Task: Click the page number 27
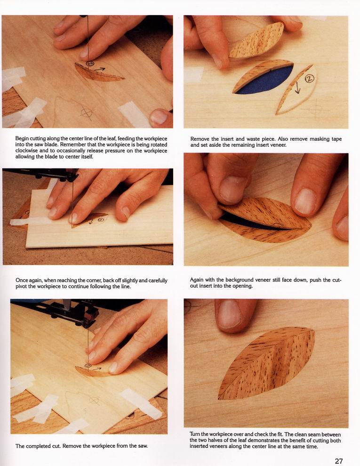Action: [x=339, y=461]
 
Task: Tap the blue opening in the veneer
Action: [x=264, y=80]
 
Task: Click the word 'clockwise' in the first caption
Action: [x=26, y=151]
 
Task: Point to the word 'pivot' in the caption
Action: [x=21, y=287]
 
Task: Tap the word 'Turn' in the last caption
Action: [x=195, y=434]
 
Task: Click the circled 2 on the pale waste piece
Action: [x=310, y=79]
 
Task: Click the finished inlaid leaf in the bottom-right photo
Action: [x=266, y=363]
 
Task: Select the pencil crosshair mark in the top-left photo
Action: [x=87, y=113]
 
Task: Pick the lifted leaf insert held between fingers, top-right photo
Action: [x=256, y=40]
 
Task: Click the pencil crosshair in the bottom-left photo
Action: [x=94, y=401]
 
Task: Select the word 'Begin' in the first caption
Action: [x=22, y=138]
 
